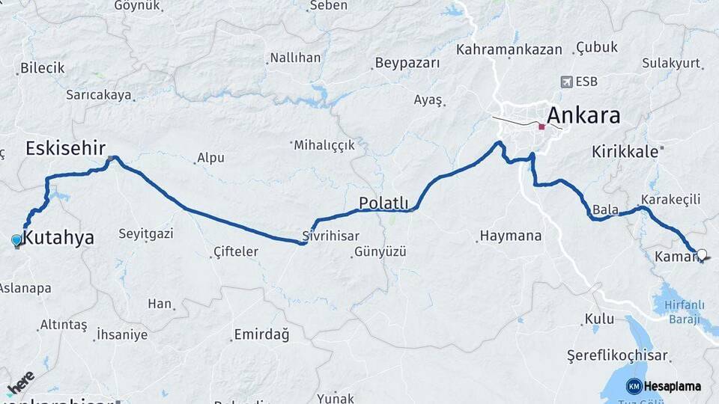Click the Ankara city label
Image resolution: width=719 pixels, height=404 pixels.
point(583,115)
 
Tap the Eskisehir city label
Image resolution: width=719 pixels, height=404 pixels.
point(65,147)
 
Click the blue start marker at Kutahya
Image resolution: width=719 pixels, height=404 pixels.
point(17,240)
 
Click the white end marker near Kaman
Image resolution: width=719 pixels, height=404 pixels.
point(702,254)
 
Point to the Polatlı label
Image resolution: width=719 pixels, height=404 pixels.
point(383,203)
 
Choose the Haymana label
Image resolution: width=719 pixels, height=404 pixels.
point(511,236)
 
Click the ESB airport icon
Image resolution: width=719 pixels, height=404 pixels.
point(565,82)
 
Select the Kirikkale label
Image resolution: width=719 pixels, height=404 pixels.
point(625,151)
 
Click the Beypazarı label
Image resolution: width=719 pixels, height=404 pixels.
point(407,63)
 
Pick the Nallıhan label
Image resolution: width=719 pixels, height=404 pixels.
point(295,58)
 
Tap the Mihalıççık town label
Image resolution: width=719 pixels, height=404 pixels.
point(324,145)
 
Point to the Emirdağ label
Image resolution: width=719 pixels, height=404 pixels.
point(261,334)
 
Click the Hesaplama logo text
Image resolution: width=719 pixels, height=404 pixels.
point(673,386)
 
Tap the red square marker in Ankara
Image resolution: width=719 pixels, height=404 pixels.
point(541,126)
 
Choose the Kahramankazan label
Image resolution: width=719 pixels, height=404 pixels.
point(509,49)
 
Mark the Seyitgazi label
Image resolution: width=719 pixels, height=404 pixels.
point(145,233)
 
